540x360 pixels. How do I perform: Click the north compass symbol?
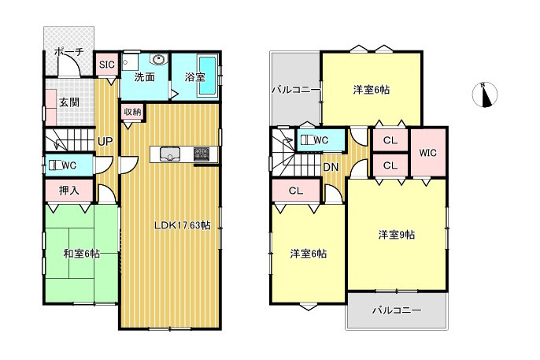[485, 95]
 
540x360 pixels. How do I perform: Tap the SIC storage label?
[107, 65]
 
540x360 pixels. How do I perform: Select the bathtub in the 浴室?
[208, 76]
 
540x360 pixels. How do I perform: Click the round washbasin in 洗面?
[159, 59]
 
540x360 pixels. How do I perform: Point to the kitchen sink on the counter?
[169, 154]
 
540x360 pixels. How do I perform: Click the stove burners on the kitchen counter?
[202, 154]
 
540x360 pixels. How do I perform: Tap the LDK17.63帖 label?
[182, 225]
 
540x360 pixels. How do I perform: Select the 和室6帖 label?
[82, 254]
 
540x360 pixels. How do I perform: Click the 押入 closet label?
[69, 191]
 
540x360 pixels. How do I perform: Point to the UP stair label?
[105, 141]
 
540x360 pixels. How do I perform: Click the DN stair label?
[331, 168]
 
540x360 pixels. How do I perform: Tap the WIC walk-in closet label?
[427, 153]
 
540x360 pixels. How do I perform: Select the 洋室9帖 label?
[397, 235]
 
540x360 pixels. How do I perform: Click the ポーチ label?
[69, 52]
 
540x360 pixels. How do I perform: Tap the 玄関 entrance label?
[69, 102]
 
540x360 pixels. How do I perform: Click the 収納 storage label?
[132, 112]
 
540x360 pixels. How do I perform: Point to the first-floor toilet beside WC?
[55, 165]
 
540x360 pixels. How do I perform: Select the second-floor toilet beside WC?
[307, 140]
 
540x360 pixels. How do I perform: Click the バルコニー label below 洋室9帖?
[397, 310]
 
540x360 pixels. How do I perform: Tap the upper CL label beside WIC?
[390, 140]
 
